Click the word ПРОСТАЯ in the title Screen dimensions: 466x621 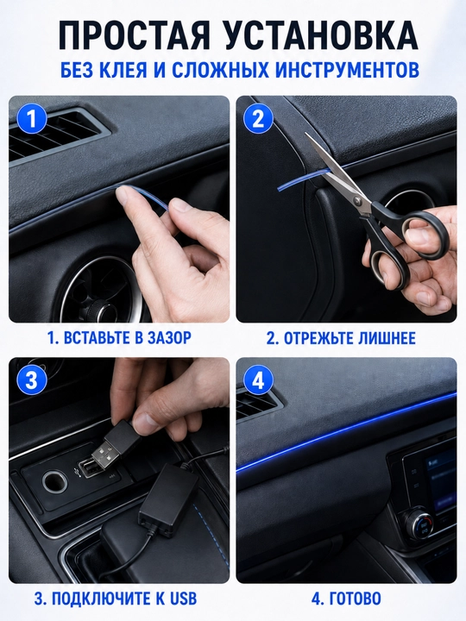(134, 35)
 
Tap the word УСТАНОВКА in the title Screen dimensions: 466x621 (320, 35)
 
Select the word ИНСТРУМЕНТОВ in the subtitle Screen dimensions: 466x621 (347, 70)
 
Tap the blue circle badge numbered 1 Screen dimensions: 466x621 (31, 118)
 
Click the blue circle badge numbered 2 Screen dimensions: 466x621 (258, 118)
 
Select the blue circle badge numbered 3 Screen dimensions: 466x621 (31, 380)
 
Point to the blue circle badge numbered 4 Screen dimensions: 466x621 (258, 380)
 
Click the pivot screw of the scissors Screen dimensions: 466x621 (360, 201)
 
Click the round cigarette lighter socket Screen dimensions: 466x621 (54, 481)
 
